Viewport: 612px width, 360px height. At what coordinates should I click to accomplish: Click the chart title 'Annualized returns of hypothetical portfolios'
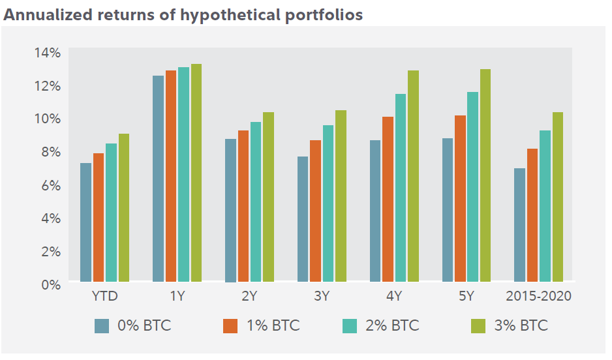click(183, 14)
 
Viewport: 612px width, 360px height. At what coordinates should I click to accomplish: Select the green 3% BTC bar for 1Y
click(196, 173)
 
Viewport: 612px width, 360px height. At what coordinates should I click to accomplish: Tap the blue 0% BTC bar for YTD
click(85, 222)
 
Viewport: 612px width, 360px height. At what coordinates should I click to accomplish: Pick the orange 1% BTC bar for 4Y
click(388, 200)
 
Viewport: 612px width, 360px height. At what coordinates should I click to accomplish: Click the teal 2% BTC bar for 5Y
click(472, 187)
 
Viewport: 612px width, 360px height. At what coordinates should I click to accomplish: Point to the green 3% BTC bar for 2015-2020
click(557, 197)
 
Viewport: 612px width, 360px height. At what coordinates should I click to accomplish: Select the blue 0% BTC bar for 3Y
click(303, 219)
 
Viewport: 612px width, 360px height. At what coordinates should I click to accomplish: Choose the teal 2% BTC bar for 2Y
click(255, 202)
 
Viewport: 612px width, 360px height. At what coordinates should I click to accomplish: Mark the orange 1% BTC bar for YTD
click(99, 218)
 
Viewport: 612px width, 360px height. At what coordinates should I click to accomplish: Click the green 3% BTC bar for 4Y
click(413, 176)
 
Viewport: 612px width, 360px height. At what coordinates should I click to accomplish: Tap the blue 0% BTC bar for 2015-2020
click(519, 225)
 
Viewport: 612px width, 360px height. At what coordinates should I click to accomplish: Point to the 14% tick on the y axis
click(47, 52)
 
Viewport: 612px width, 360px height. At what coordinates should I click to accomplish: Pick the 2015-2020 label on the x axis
click(538, 297)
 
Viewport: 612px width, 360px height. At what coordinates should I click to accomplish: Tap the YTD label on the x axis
click(104, 297)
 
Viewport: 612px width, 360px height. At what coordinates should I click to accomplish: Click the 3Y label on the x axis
click(321, 297)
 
